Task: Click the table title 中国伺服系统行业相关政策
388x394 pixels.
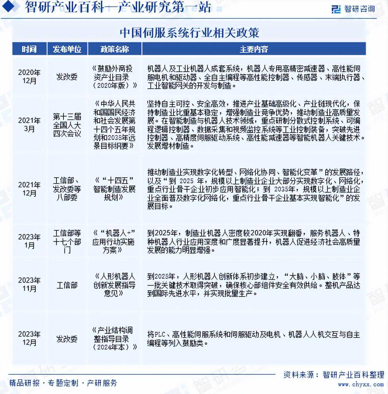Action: tap(189, 33)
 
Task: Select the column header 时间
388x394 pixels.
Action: tap(29, 49)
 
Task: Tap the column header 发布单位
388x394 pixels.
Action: tap(67, 49)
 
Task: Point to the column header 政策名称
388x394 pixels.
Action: tap(115, 49)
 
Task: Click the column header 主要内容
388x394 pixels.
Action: tap(254, 49)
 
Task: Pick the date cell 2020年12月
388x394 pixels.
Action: tap(29, 77)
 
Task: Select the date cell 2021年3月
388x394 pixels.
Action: tap(29, 125)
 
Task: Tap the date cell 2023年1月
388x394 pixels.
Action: tap(29, 241)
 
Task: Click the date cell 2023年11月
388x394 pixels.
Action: tap(29, 285)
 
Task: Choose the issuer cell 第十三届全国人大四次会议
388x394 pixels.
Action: tap(67, 125)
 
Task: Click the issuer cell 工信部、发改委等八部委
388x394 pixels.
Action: tap(67, 189)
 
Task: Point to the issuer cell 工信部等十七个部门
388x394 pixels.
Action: tap(67, 241)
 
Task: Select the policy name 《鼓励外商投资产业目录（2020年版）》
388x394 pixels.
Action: tap(114, 77)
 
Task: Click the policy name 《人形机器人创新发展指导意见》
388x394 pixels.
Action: tap(114, 285)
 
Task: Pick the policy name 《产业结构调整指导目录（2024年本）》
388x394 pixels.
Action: tap(114, 339)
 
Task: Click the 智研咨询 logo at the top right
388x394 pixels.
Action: tap(353, 9)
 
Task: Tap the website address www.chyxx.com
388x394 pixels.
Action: tap(360, 384)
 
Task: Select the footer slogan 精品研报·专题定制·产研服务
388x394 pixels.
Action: tap(63, 383)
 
